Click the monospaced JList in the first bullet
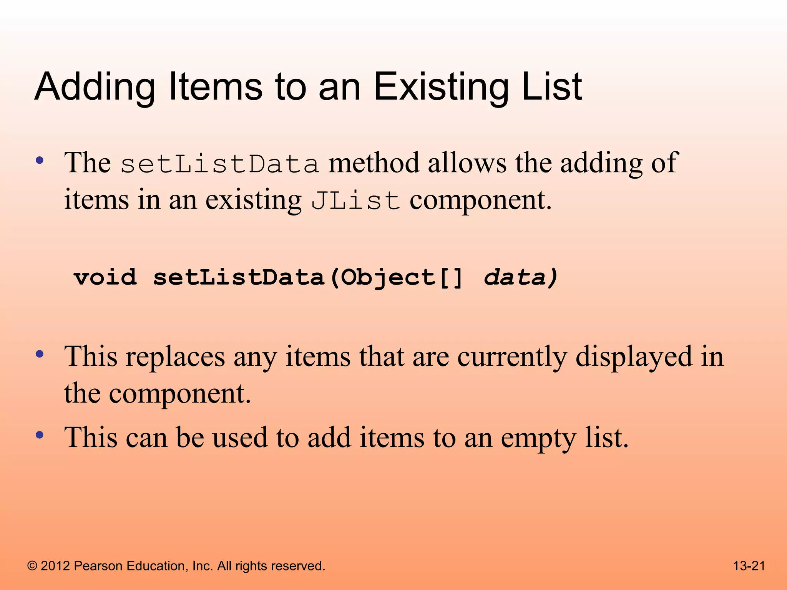click(355, 201)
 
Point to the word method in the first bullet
click(374, 163)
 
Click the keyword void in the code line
click(105, 277)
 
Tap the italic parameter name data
click(515, 277)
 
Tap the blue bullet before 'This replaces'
click(40, 354)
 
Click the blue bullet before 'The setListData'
click(40, 160)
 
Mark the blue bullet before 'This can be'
click(40, 435)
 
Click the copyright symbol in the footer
click(32, 566)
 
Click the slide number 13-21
click(749, 566)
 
